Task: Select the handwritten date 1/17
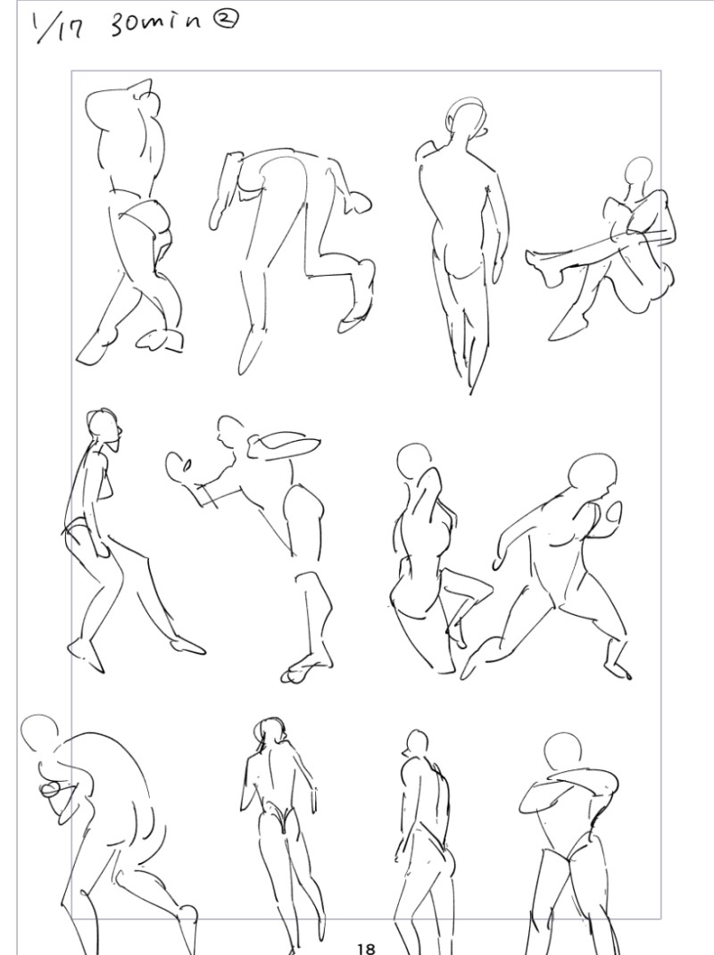[59, 28]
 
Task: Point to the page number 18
[366, 948]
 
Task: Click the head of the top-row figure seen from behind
[467, 118]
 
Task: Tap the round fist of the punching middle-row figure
[180, 466]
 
